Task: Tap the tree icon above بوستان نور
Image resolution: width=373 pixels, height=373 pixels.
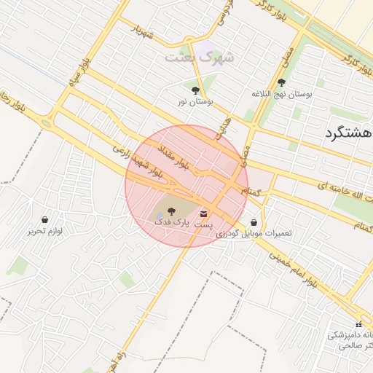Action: click(x=195, y=91)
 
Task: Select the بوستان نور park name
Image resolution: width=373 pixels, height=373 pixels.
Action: click(x=194, y=103)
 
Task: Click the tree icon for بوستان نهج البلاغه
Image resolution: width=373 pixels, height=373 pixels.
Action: click(x=282, y=83)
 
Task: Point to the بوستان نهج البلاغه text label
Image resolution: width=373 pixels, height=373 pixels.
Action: click(x=282, y=95)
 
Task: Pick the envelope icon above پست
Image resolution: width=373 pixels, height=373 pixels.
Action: click(x=203, y=215)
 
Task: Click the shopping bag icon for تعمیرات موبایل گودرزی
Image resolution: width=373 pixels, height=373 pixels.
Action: click(x=254, y=223)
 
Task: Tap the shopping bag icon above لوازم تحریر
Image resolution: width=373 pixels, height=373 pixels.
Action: click(x=45, y=219)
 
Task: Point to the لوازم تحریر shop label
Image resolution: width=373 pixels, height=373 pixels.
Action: click(x=45, y=231)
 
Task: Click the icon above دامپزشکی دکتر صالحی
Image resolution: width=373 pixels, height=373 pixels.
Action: click(x=358, y=323)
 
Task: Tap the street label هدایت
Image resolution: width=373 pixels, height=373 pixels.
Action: click(x=221, y=127)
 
